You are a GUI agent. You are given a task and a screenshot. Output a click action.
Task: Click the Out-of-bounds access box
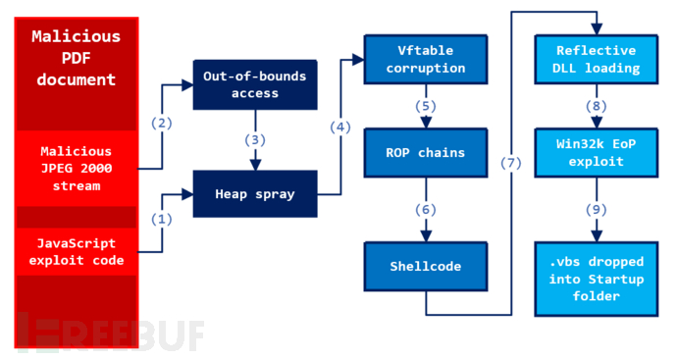[x=255, y=85]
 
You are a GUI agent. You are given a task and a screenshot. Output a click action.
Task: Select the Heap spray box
[x=255, y=193]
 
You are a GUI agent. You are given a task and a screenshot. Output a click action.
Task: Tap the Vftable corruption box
[x=425, y=59]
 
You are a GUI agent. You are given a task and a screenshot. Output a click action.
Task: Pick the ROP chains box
[x=425, y=153]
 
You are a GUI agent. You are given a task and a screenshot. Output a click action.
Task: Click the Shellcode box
[x=425, y=267]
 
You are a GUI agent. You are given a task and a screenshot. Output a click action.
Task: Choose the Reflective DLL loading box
[x=596, y=59]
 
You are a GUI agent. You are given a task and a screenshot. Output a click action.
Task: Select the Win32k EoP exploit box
[x=596, y=153]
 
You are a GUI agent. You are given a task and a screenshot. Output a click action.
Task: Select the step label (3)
[x=255, y=139]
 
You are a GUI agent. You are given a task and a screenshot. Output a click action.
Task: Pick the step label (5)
[x=425, y=106]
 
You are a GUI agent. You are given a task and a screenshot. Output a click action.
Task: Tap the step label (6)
[x=425, y=210]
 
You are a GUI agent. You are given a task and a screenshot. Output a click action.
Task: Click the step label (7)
[x=510, y=163]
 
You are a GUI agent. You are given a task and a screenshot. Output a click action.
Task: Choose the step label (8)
[x=596, y=106]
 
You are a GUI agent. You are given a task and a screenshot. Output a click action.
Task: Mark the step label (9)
[x=596, y=210]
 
